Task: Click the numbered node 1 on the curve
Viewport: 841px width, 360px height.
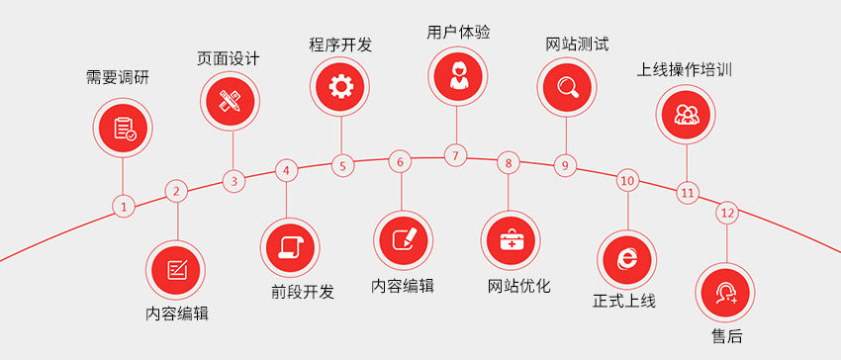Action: point(123,207)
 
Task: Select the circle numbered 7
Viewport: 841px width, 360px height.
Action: point(455,155)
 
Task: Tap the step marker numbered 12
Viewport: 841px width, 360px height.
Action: point(727,213)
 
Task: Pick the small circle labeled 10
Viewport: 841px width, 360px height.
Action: point(627,180)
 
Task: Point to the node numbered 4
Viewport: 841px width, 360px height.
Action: point(286,170)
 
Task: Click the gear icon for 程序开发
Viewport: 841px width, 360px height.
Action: point(341,87)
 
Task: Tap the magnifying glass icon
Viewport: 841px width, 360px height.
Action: point(568,86)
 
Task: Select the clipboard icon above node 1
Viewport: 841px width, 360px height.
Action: point(124,128)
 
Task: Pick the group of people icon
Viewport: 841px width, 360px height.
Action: point(687,112)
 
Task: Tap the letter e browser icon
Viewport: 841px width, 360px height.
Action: point(627,256)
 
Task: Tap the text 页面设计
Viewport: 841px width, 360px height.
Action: point(229,57)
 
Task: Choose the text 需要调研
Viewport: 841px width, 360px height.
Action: point(119,79)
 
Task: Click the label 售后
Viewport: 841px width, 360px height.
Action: point(727,336)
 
